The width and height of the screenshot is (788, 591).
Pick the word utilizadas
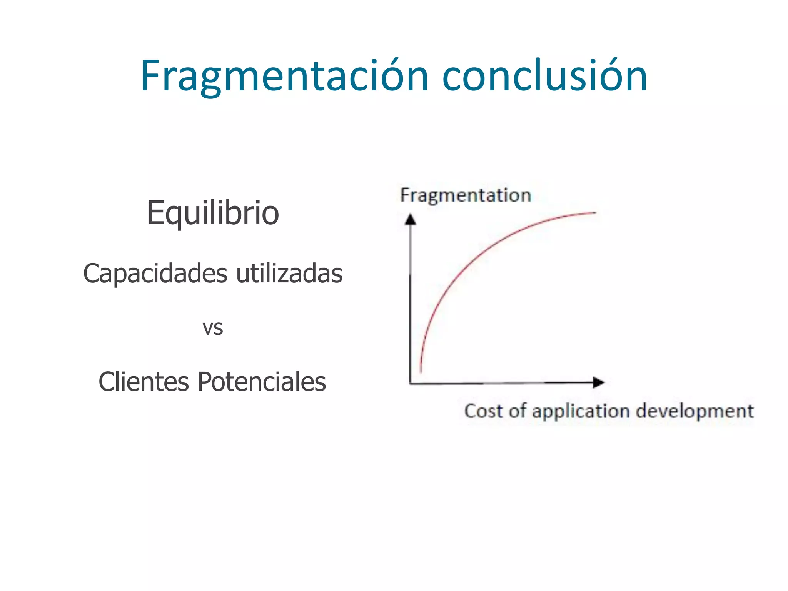[289, 274]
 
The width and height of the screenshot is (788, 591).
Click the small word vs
[213, 328]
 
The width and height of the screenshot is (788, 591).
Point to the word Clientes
[144, 382]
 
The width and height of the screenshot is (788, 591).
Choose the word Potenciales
[262, 382]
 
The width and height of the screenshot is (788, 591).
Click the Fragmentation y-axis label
[466, 195]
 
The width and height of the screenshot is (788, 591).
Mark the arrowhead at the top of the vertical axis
[411, 219]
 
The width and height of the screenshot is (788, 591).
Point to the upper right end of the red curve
[594, 212]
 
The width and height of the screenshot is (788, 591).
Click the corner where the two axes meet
[411, 383]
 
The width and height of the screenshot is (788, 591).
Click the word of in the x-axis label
[518, 411]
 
